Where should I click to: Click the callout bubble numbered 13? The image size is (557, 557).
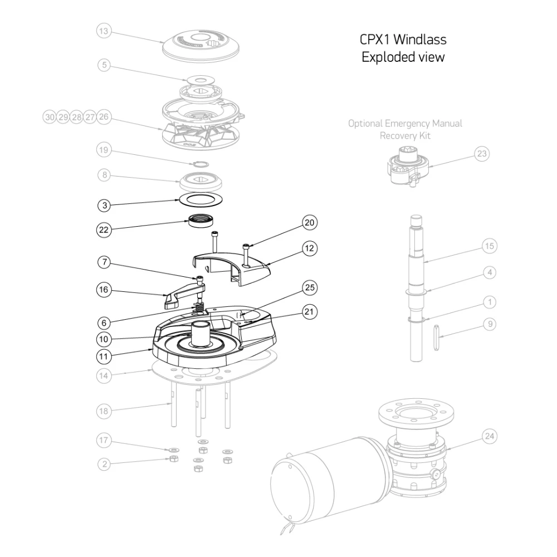(103, 31)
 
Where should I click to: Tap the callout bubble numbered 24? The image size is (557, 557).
(488, 436)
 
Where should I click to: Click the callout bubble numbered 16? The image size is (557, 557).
(103, 290)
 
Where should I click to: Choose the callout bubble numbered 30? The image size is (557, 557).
(50, 117)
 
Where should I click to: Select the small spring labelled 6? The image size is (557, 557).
(199, 307)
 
